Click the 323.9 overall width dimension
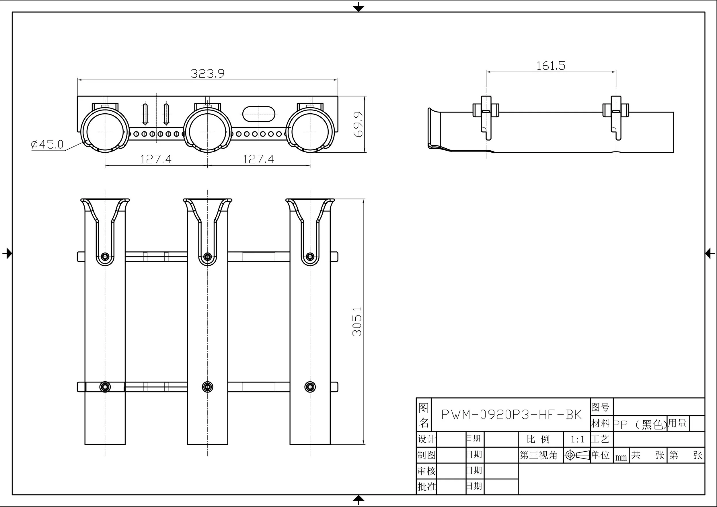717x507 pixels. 207,74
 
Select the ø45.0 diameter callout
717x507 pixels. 47,144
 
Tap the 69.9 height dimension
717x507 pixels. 358,124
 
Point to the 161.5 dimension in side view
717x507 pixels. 551,66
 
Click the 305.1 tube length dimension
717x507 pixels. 357,321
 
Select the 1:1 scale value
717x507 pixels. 577,440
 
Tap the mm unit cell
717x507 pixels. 621,457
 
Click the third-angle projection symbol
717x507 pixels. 577,455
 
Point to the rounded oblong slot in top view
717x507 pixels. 259,114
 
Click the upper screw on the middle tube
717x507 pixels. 207,257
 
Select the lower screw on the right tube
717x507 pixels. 310,387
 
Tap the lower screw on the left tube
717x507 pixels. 105,387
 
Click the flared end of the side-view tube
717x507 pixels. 433,128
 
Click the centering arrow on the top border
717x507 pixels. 358,7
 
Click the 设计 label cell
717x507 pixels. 426,439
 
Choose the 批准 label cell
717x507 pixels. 426,486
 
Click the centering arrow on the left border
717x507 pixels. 7,253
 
